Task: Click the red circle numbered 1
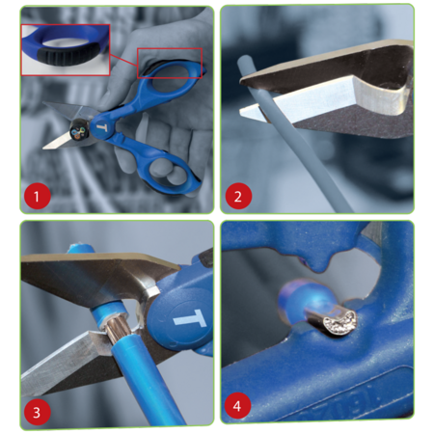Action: [x=37, y=196]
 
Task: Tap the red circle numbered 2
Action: [x=238, y=196]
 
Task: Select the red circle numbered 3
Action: [x=37, y=412]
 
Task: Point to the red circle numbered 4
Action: [x=237, y=406]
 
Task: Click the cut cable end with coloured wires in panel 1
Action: [x=78, y=131]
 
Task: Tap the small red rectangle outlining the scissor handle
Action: [x=170, y=63]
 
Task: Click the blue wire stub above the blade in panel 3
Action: [x=80, y=249]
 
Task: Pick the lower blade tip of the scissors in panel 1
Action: [x=46, y=147]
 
